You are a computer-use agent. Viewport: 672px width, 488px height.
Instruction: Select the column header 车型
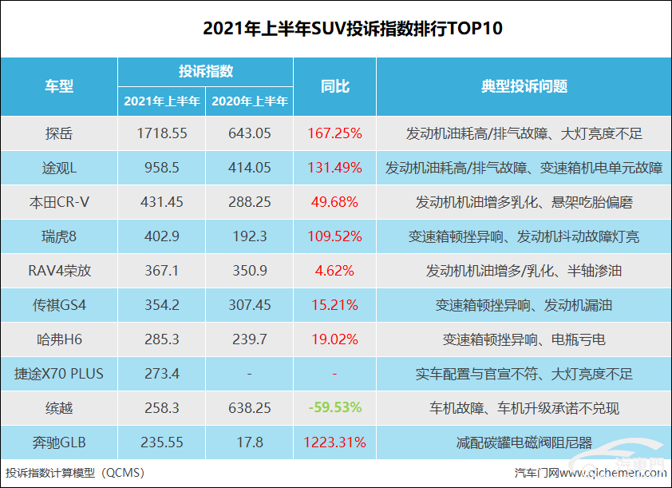click(x=59, y=86)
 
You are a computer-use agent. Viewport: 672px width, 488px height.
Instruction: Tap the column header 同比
click(x=335, y=86)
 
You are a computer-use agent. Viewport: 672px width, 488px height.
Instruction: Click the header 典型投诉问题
click(x=524, y=86)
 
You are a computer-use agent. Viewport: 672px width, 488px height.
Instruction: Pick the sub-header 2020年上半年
click(x=250, y=101)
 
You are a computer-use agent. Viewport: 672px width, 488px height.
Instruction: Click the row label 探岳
click(x=59, y=134)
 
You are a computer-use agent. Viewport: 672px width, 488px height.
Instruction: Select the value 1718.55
click(x=162, y=134)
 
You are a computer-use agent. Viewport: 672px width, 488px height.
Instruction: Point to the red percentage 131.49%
click(x=335, y=169)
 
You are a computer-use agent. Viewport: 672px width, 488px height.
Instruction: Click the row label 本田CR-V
click(x=59, y=203)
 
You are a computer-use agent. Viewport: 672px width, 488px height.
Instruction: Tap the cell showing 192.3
click(x=250, y=237)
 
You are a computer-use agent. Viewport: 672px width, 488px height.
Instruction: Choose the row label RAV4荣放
click(x=59, y=272)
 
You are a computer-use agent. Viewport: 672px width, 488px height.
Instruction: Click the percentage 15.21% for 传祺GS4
click(x=335, y=306)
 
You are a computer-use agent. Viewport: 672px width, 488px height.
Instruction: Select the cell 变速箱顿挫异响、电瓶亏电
click(x=524, y=340)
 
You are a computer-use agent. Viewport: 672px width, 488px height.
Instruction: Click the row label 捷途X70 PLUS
click(x=59, y=374)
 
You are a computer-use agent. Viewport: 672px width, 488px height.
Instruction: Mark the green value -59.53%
click(x=335, y=408)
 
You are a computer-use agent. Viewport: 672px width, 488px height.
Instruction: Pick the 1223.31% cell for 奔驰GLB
click(x=335, y=442)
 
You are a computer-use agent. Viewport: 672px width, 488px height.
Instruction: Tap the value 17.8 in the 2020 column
click(x=250, y=442)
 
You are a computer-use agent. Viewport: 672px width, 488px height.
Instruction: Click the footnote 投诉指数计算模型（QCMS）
click(x=75, y=473)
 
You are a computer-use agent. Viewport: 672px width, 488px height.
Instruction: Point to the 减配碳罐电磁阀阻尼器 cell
click(x=524, y=442)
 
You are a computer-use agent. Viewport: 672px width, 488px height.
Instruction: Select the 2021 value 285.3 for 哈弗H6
click(x=162, y=340)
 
